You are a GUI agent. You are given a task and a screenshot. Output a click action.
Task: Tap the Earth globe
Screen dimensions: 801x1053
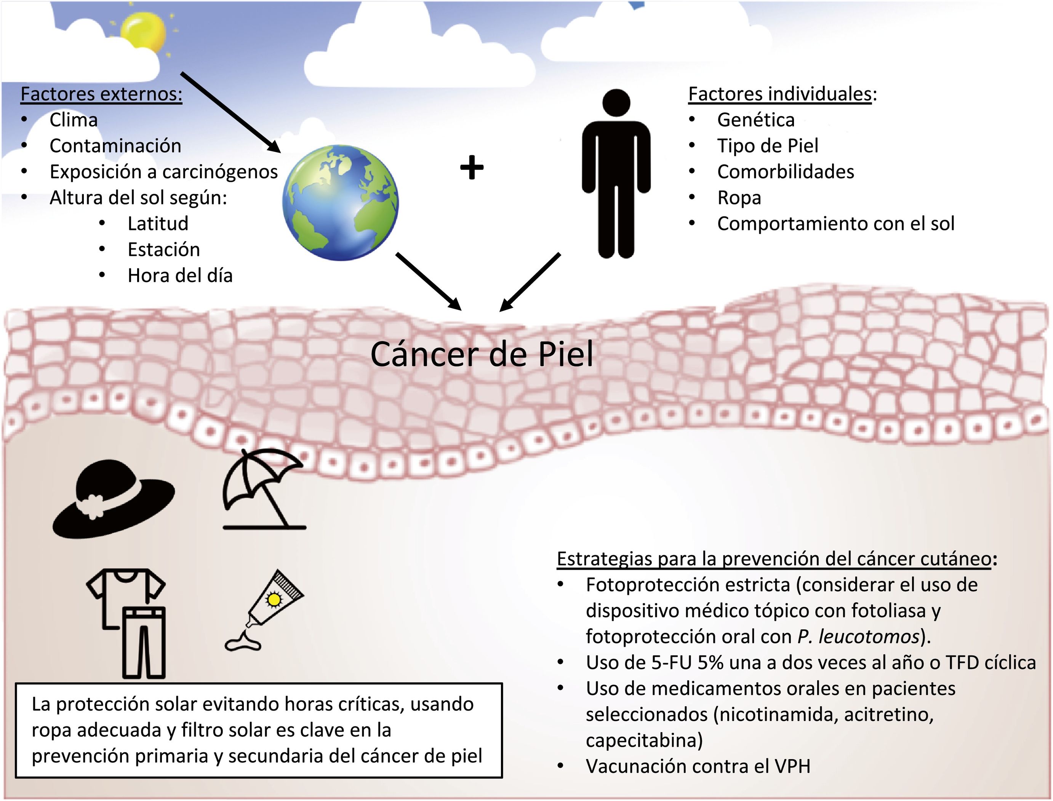(x=340, y=203)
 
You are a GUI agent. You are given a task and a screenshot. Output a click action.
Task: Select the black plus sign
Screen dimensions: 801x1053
(x=471, y=168)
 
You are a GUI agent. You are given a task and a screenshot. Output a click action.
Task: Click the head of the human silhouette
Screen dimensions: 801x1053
(x=616, y=102)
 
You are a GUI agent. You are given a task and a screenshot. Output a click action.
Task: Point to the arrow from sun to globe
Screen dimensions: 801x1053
(x=230, y=113)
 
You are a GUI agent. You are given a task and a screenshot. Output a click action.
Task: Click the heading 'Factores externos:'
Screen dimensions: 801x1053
(x=101, y=94)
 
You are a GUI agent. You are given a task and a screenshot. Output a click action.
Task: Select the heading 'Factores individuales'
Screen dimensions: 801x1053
(x=779, y=94)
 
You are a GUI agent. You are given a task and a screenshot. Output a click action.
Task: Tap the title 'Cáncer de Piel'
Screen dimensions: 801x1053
(x=482, y=355)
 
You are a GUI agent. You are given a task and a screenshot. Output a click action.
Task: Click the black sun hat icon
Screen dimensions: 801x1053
(x=113, y=498)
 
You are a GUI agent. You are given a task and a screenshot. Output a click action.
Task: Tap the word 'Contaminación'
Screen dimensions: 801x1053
(x=115, y=146)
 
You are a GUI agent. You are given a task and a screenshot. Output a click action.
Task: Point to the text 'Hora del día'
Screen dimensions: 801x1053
(x=180, y=276)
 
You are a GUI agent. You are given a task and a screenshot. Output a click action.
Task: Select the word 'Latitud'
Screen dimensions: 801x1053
(x=158, y=223)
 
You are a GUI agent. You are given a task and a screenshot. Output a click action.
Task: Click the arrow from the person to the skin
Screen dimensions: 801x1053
(x=530, y=282)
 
